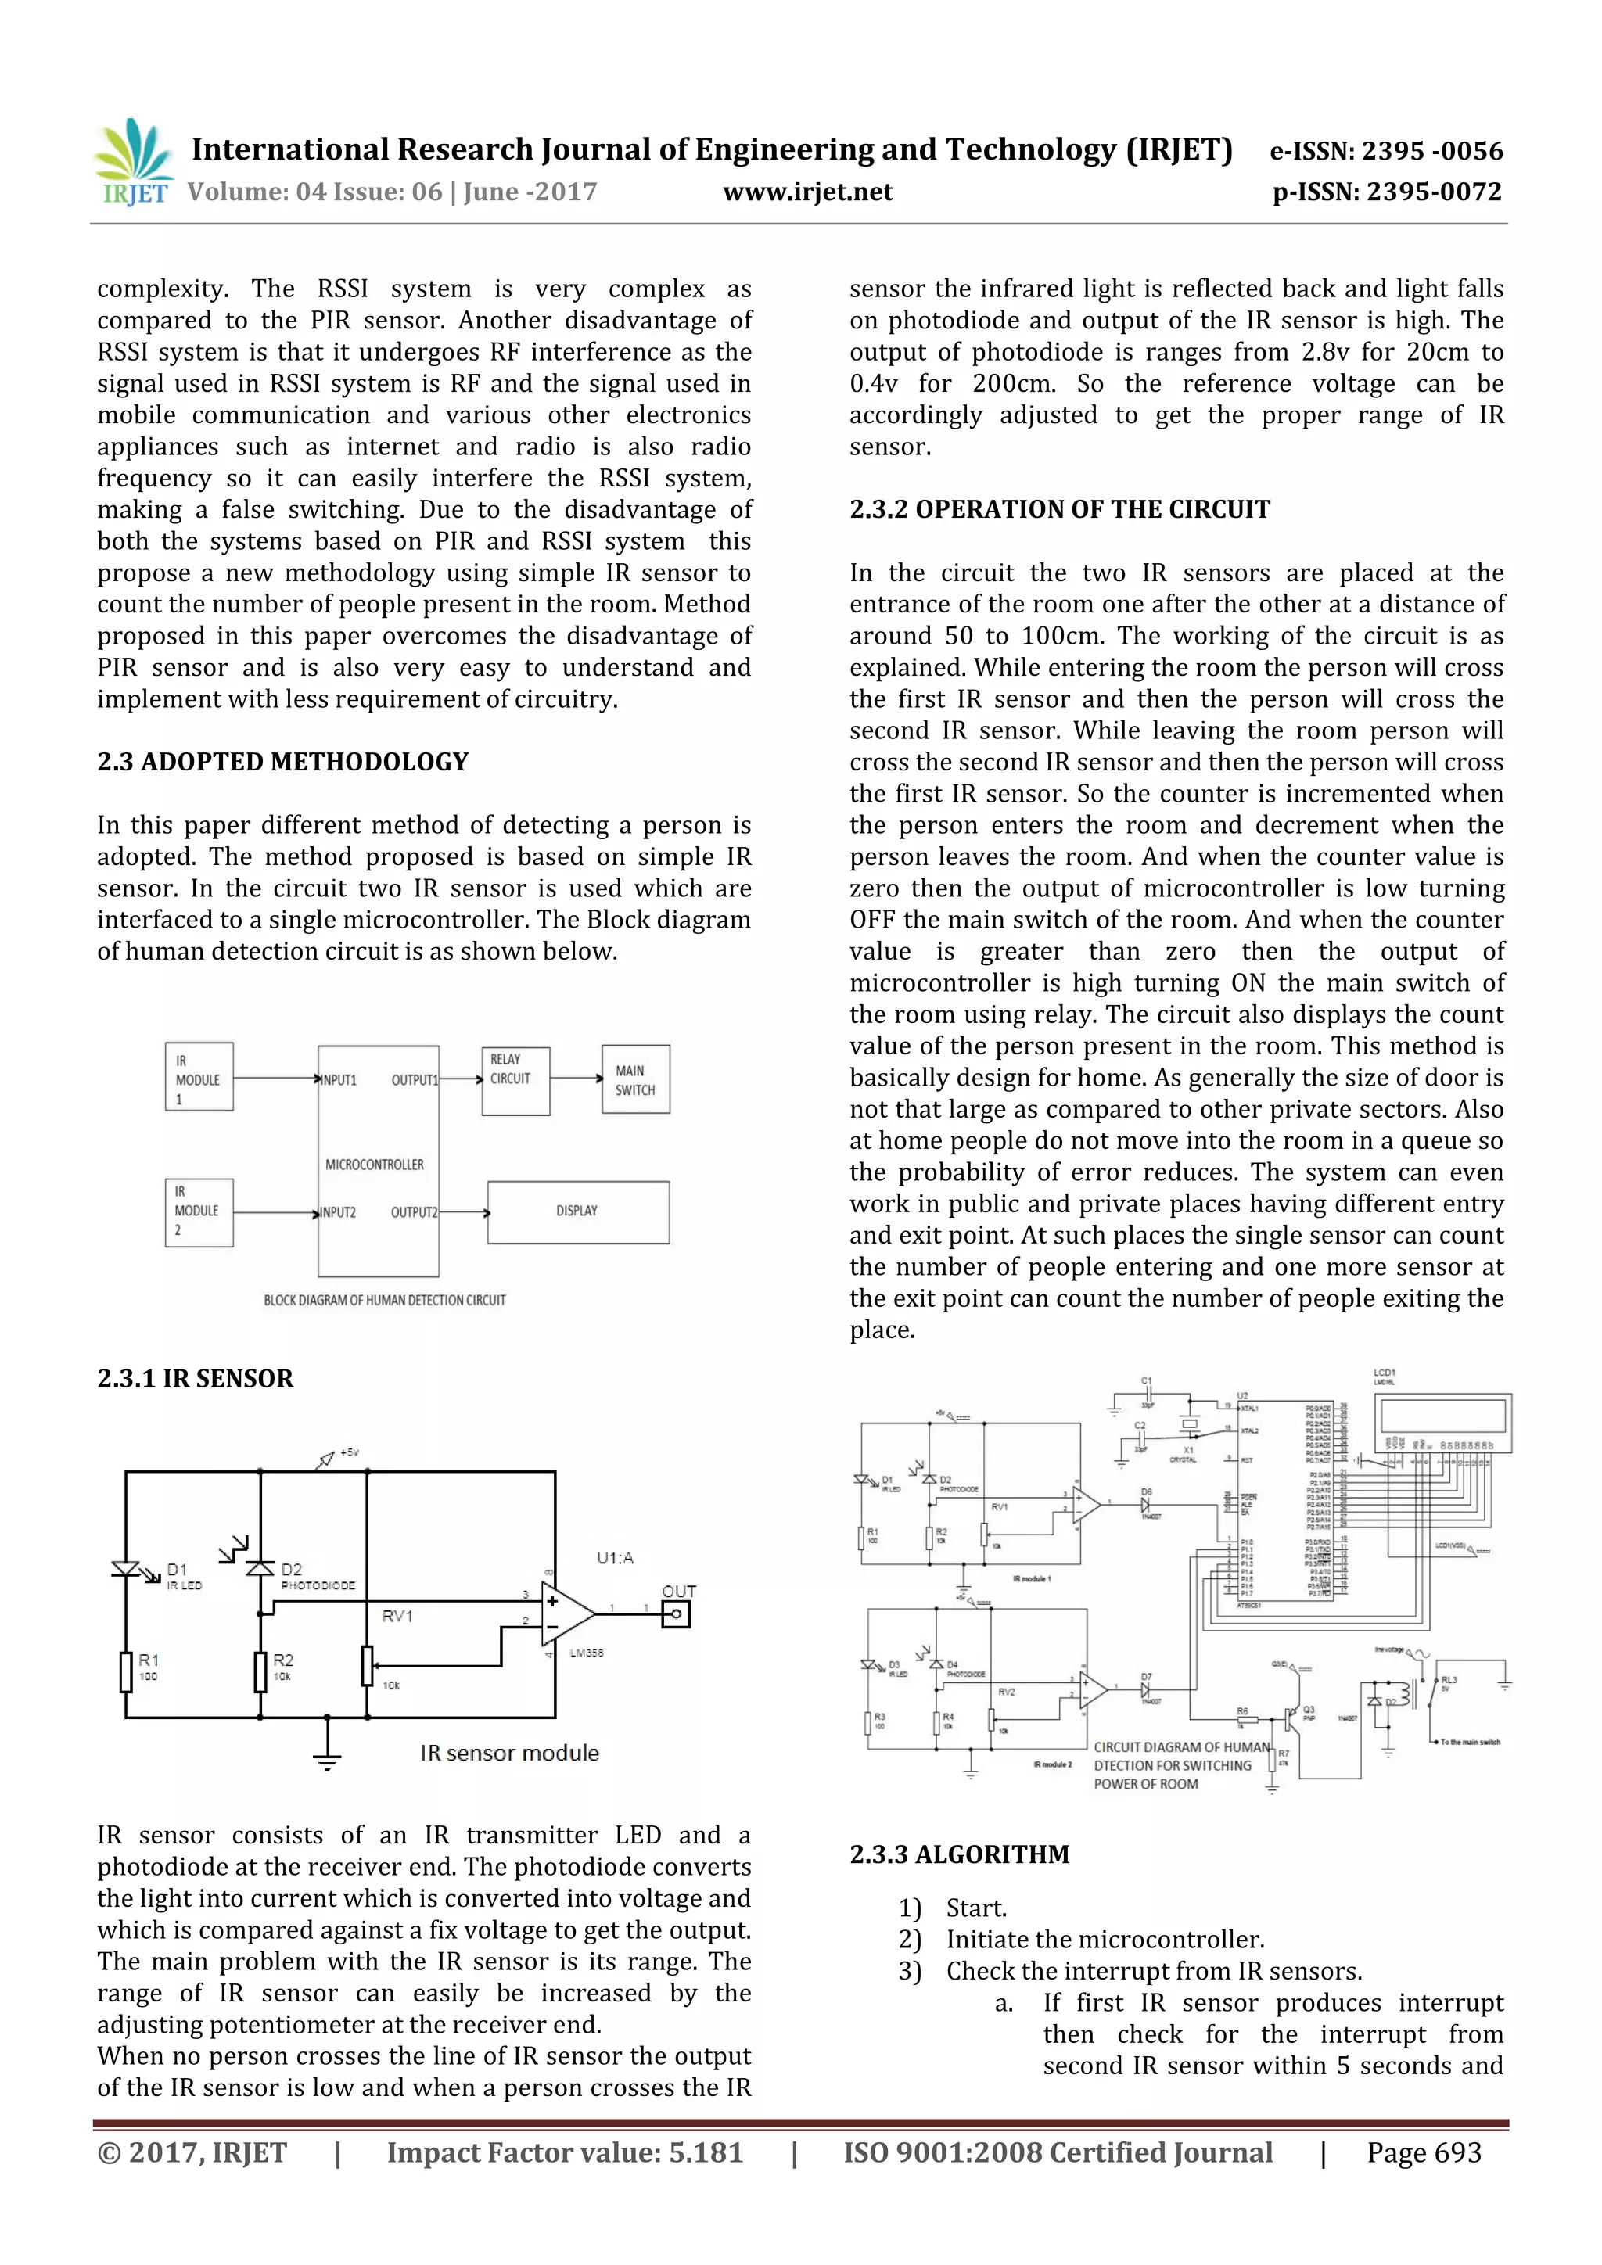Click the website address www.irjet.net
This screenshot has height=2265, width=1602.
tap(807, 192)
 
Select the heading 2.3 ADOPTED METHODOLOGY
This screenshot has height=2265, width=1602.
tap(282, 762)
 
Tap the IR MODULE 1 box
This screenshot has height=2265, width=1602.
tap(198, 1077)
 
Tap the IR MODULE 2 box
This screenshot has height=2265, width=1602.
tap(198, 1212)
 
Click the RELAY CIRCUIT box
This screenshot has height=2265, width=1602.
tap(515, 1081)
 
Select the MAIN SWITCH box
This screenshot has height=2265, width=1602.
tap(635, 1079)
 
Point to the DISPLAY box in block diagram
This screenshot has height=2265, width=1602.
tap(577, 1211)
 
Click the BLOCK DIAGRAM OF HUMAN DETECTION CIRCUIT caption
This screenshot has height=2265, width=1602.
tap(384, 1300)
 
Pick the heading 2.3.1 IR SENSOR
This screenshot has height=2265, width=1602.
tap(196, 1378)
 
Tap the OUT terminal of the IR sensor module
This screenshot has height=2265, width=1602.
tap(677, 1614)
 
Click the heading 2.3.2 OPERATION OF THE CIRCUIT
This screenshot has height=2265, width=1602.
tap(1059, 509)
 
